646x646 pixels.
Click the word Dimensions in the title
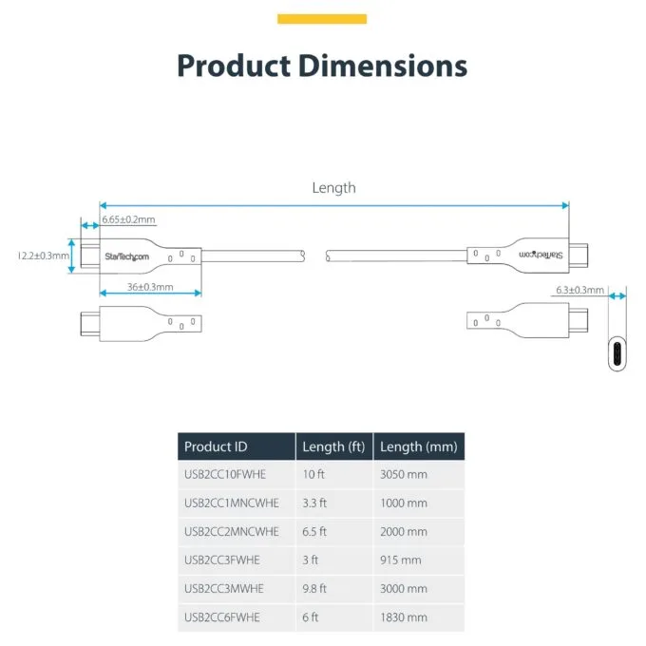(383, 66)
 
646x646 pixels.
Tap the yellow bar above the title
(322, 19)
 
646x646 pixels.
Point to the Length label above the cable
(333, 188)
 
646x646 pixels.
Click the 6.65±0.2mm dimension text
(128, 219)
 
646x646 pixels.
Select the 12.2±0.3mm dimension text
(44, 256)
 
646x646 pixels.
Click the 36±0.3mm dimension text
(150, 287)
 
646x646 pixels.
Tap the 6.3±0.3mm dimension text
(579, 290)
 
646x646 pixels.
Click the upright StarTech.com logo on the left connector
(127, 256)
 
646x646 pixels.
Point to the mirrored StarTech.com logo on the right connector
(541, 255)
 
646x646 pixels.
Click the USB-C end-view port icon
(617, 354)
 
